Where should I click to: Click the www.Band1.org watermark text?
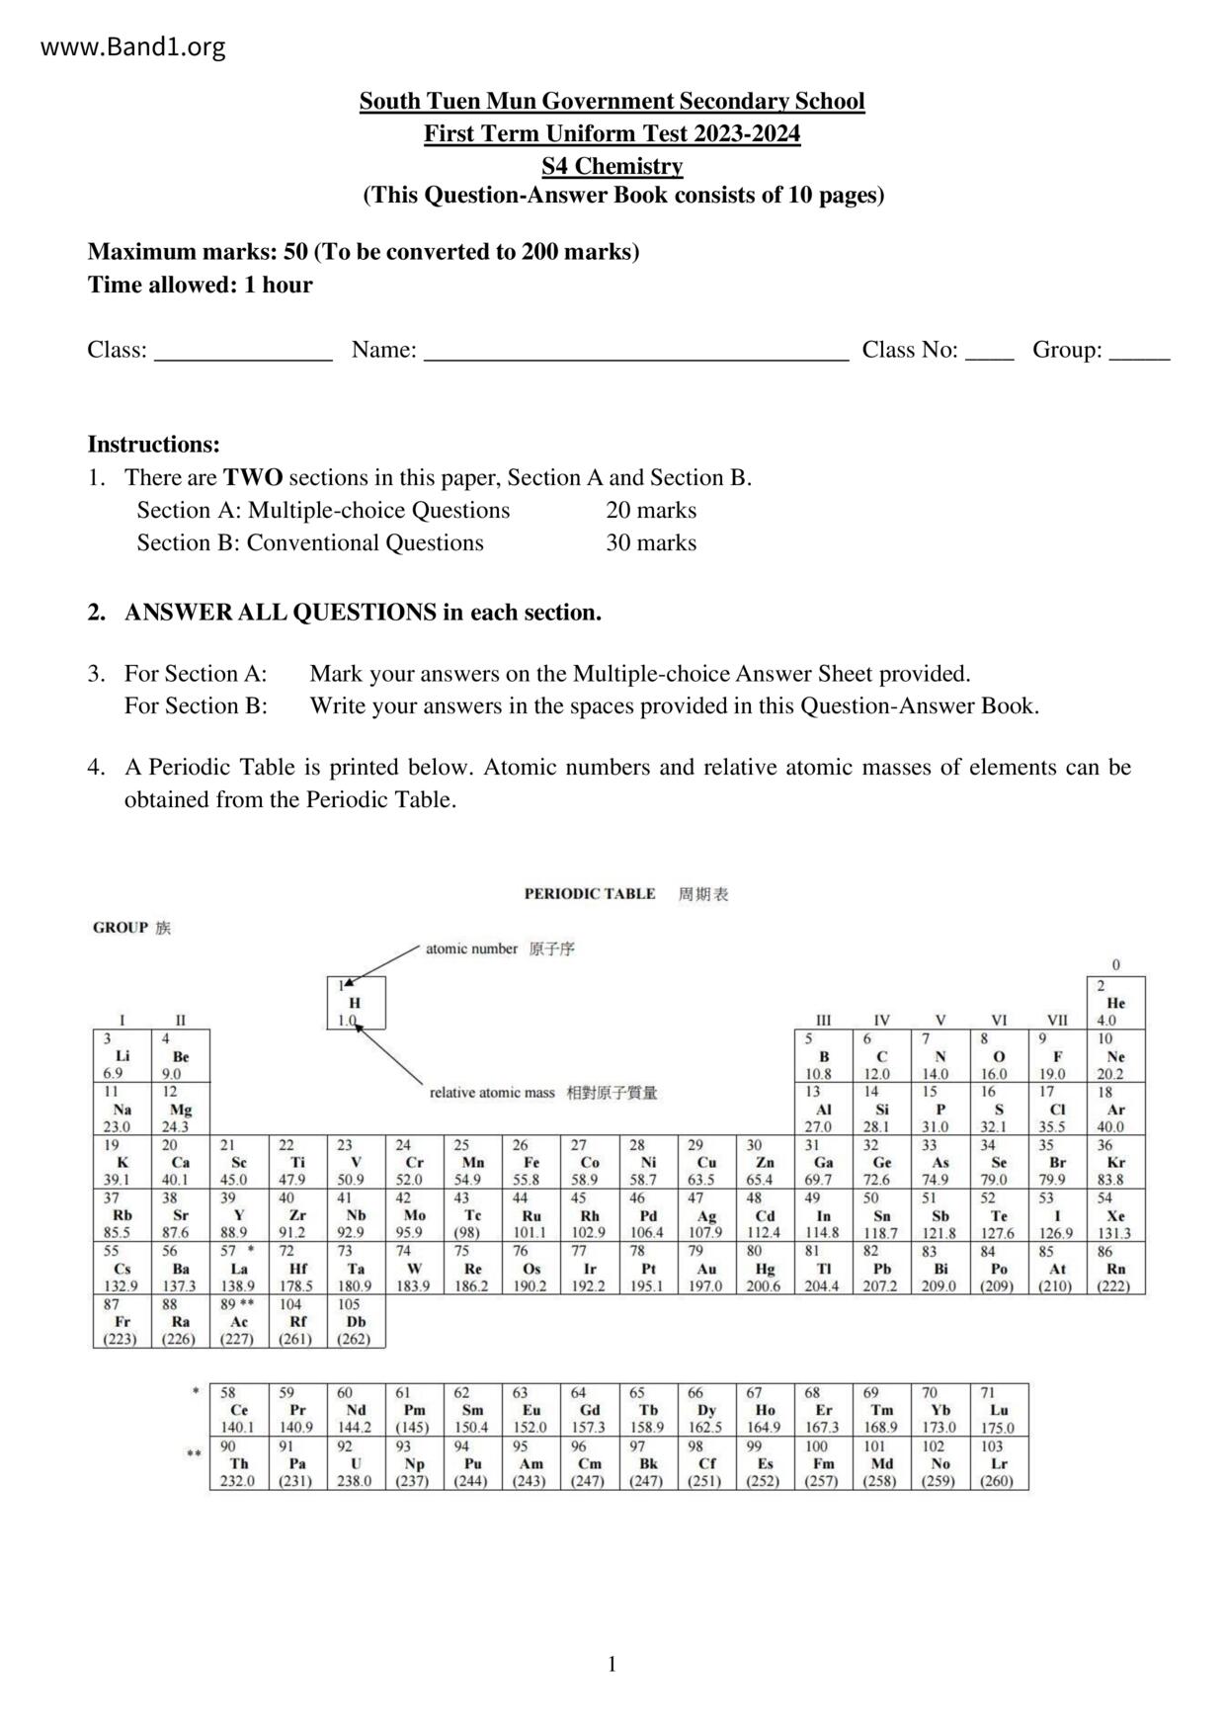(x=133, y=46)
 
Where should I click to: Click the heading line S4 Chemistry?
(x=612, y=166)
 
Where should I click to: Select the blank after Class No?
(x=989, y=352)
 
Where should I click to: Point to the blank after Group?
(x=1139, y=352)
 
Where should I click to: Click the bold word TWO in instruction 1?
(x=253, y=478)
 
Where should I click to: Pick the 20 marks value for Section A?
(x=651, y=511)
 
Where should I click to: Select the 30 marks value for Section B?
(x=651, y=543)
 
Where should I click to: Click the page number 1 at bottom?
(x=612, y=1665)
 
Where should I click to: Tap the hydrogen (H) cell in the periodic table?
(x=356, y=1003)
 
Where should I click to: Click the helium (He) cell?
(x=1116, y=1003)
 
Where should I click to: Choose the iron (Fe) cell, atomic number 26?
(x=531, y=1163)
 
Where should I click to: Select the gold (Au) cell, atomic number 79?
(x=706, y=1269)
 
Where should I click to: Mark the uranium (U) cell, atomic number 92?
(x=356, y=1463)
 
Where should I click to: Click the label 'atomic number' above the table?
(x=471, y=949)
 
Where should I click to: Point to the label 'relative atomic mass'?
(x=492, y=1093)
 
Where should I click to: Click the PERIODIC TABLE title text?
(x=589, y=894)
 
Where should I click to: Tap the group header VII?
(x=1057, y=1021)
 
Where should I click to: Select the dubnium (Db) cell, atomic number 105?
(x=356, y=1322)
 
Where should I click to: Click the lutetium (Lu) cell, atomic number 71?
(x=999, y=1410)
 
